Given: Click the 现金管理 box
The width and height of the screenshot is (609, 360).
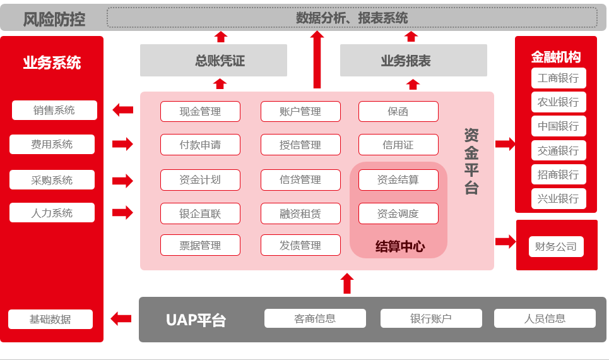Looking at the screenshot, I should pyautogui.click(x=200, y=112).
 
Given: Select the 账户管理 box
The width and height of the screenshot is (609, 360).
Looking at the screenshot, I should pyautogui.click(x=300, y=112).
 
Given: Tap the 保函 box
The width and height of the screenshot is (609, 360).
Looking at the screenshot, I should pyautogui.click(x=398, y=112).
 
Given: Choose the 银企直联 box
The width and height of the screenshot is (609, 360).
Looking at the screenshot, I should pyautogui.click(x=200, y=213).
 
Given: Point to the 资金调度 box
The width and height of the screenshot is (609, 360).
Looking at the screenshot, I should pyautogui.click(x=398, y=213).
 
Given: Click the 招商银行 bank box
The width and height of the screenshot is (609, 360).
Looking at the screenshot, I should pyautogui.click(x=559, y=174).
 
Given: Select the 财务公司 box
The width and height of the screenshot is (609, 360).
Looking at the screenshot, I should pyautogui.click(x=556, y=246).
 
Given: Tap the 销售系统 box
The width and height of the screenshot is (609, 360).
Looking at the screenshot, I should pyautogui.click(x=54, y=111).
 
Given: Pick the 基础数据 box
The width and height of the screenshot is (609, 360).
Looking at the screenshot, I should pyautogui.click(x=50, y=319).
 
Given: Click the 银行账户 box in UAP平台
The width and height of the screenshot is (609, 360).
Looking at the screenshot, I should pyautogui.click(x=431, y=318).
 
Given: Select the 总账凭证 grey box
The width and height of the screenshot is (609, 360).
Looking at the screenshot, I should pyautogui.click(x=213, y=61).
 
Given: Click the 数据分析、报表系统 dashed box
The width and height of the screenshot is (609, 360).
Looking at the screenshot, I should pyautogui.click(x=352, y=18).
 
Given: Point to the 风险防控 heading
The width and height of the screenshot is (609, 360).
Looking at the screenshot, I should pyautogui.click(x=54, y=19).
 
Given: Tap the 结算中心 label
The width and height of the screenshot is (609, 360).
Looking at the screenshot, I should pyautogui.click(x=399, y=246).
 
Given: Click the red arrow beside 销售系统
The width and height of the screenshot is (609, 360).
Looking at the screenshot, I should pyautogui.click(x=123, y=111).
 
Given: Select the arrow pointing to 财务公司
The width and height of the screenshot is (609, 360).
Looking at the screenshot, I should pyautogui.click(x=506, y=241).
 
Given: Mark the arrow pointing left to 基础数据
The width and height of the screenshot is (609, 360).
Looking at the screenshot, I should pyautogui.click(x=121, y=318).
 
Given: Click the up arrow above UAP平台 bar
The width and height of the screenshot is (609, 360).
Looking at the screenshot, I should pyautogui.click(x=346, y=283).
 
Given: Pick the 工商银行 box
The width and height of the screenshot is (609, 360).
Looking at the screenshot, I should pyautogui.click(x=559, y=78).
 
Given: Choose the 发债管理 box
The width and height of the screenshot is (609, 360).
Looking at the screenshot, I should pyautogui.click(x=300, y=245).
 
